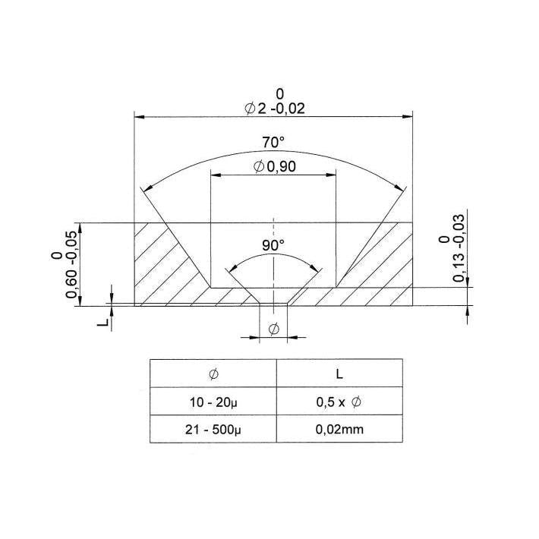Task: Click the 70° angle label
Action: [273, 142]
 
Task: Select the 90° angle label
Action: [273, 245]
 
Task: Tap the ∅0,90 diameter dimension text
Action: [273, 166]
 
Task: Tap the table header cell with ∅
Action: [213, 374]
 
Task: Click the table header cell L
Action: [339, 374]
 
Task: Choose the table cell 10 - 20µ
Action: [213, 402]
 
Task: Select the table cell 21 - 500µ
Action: [213, 429]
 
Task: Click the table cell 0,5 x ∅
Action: [339, 402]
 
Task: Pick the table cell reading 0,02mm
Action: [339, 429]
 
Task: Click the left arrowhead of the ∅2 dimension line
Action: [139, 117]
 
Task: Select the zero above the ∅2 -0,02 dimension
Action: [279, 93]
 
